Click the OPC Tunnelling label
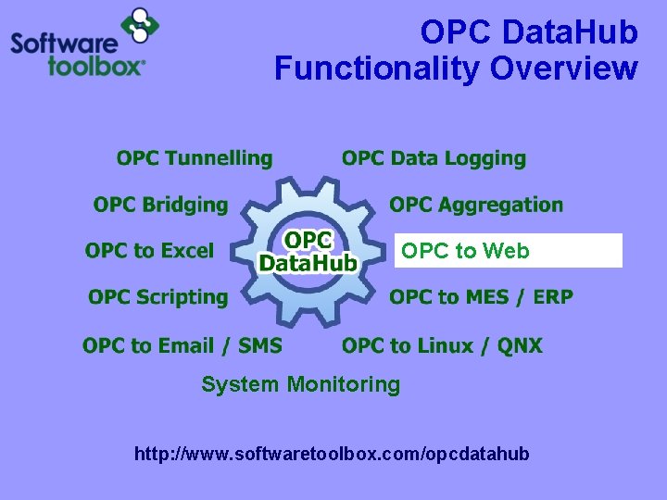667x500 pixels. (195, 159)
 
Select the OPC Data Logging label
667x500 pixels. (434, 159)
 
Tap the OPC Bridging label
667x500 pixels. (160, 205)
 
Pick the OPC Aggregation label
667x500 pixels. (476, 205)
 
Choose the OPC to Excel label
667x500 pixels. (149, 251)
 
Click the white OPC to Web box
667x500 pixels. (508, 251)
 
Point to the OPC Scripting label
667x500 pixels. (157, 297)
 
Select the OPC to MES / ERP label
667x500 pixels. (481, 297)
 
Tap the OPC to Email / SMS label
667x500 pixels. (182, 345)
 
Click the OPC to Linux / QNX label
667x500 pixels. (442, 345)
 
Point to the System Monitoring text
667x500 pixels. (300, 384)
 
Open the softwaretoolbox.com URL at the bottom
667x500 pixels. (332, 454)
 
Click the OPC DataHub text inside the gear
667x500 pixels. (308, 252)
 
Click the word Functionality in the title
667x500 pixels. (378, 69)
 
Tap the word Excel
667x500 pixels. (187, 251)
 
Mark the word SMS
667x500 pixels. (260, 345)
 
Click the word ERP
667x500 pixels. (552, 297)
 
